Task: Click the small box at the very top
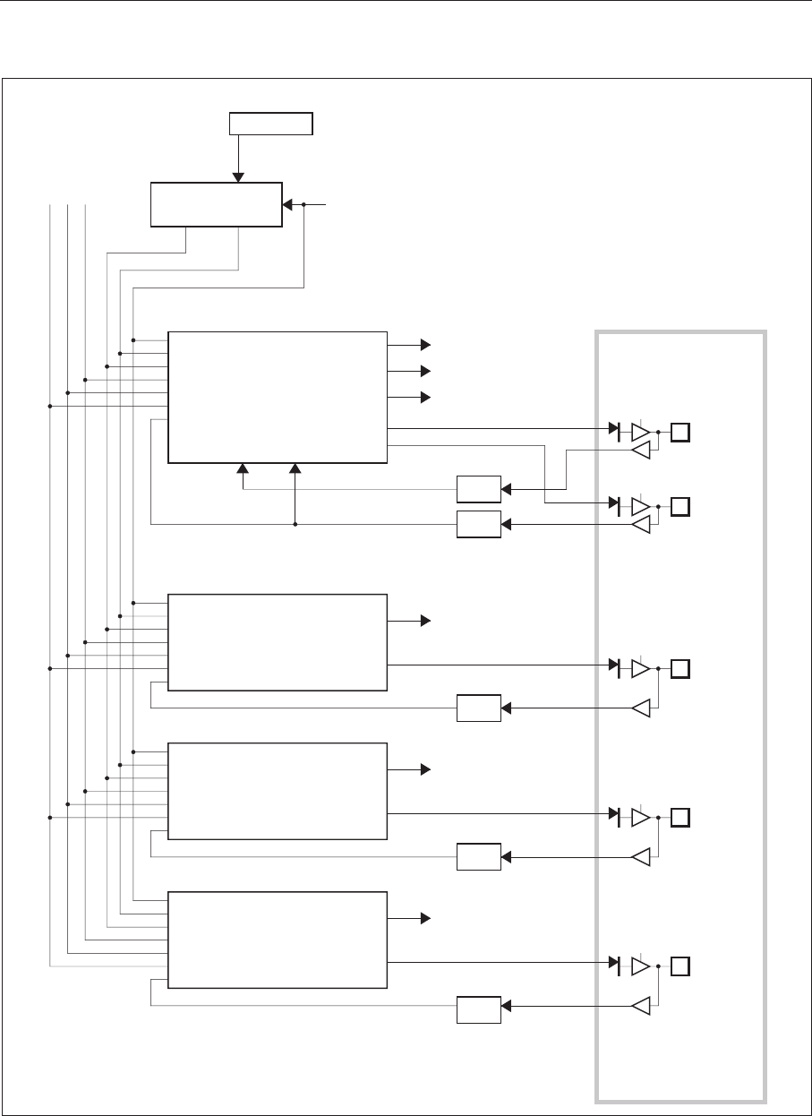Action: click(x=271, y=124)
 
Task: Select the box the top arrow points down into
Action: click(x=216, y=204)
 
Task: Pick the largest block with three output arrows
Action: click(x=278, y=398)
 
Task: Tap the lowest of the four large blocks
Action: click(x=278, y=940)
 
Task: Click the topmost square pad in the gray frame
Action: click(x=681, y=433)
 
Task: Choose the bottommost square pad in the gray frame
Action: click(x=681, y=966)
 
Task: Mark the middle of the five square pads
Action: click(x=681, y=669)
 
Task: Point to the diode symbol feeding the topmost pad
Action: click(x=615, y=433)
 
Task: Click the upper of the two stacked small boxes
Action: click(x=478, y=490)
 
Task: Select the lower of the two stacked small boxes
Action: click(x=478, y=523)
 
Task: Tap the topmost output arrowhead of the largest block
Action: click(x=426, y=344)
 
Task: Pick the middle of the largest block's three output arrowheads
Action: click(x=426, y=371)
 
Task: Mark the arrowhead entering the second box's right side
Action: click(x=287, y=205)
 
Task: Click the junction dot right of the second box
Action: click(x=304, y=205)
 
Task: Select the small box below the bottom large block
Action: click(x=478, y=1009)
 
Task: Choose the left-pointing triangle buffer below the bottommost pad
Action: click(x=640, y=1007)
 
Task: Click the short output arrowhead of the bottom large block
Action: click(x=426, y=919)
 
